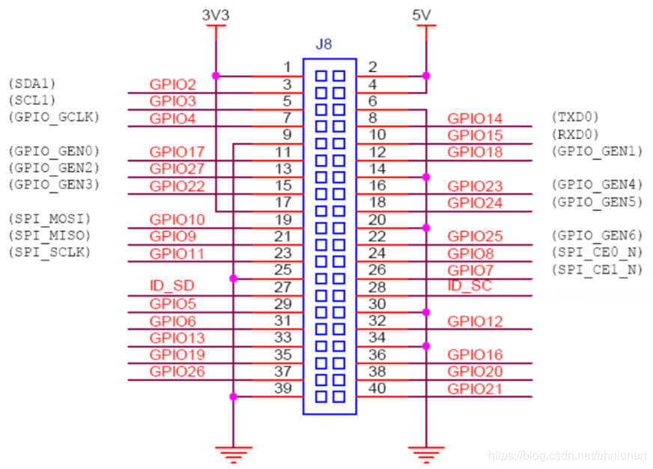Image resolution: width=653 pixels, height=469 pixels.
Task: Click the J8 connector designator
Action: [x=324, y=44]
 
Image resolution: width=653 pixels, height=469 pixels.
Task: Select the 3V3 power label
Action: [x=216, y=14]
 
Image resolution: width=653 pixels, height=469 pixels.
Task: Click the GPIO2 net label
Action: [x=173, y=85]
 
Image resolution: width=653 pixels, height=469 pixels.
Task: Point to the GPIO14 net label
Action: [x=475, y=118]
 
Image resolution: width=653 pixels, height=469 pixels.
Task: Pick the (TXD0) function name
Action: [x=574, y=117]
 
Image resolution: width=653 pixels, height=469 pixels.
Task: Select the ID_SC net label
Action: [x=470, y=287]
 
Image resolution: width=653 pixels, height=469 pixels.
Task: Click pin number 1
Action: [x=286, y=67]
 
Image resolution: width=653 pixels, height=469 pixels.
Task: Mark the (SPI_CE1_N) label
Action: [x=597, y=270]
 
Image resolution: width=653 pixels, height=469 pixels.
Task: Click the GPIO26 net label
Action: [x=177, y=372]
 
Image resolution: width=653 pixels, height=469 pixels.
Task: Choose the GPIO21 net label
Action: [x=475, y=389]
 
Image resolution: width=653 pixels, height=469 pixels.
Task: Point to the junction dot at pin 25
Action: [x=234, y=279]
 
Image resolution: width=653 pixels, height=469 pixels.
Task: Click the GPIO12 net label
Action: [x=475, y=321]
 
